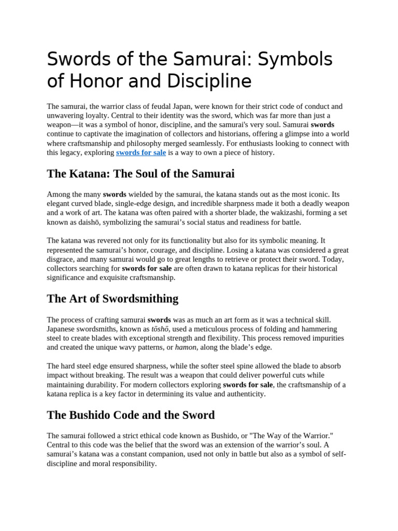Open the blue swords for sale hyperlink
(141, 153)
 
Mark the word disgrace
(61, 259)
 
